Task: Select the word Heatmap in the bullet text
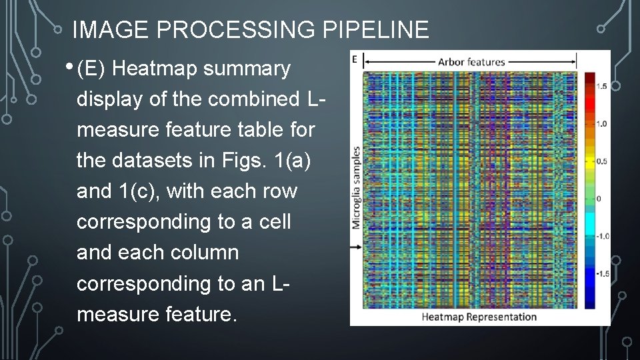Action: (x=161, y=69)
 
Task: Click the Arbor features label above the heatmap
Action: (x=471, y=62)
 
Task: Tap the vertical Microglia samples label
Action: (x=357, y=188)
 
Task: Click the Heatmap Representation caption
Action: (x=479, y=317)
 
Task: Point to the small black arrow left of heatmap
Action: (x=355, y=246)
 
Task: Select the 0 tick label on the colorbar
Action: (x=599, y=199)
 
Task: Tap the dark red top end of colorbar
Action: (x=589, y=76)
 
